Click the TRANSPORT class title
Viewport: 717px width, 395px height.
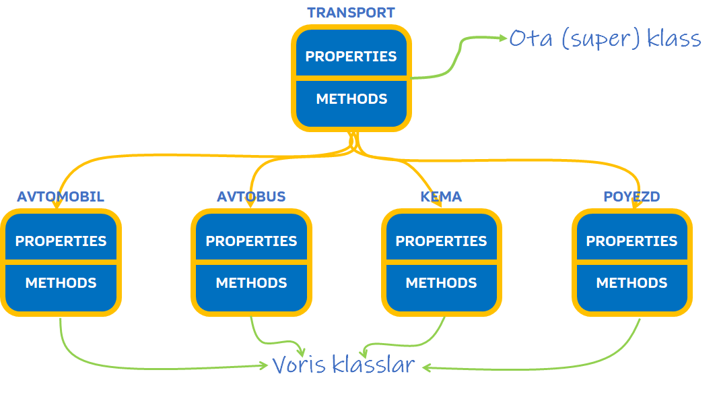(351, 13)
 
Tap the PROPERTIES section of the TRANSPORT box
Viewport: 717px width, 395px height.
(351, 56)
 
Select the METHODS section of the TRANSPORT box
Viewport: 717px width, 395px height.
(351, 99)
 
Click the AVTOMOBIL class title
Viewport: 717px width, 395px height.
(61, 197)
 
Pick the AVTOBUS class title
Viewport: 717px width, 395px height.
(251, 197)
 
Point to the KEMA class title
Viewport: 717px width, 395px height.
(441, 197)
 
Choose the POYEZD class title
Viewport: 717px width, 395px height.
(631, 197)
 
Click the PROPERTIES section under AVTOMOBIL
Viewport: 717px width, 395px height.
(61, 241)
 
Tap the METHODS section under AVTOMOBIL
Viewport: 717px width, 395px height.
(61, 283)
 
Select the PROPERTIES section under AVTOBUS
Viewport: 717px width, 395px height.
(251, 241)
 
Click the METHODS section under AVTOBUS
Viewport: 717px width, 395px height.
(251, 283)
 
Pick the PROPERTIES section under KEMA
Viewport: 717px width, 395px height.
(441, 241)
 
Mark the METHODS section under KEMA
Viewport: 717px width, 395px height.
(441, 283)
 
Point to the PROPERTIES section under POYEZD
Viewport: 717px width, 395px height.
(631, 241)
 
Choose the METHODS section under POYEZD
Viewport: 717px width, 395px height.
(631, 283)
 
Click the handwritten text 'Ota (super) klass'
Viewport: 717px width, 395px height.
(605, 38)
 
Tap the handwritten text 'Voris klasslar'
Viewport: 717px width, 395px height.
(343, 365)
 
